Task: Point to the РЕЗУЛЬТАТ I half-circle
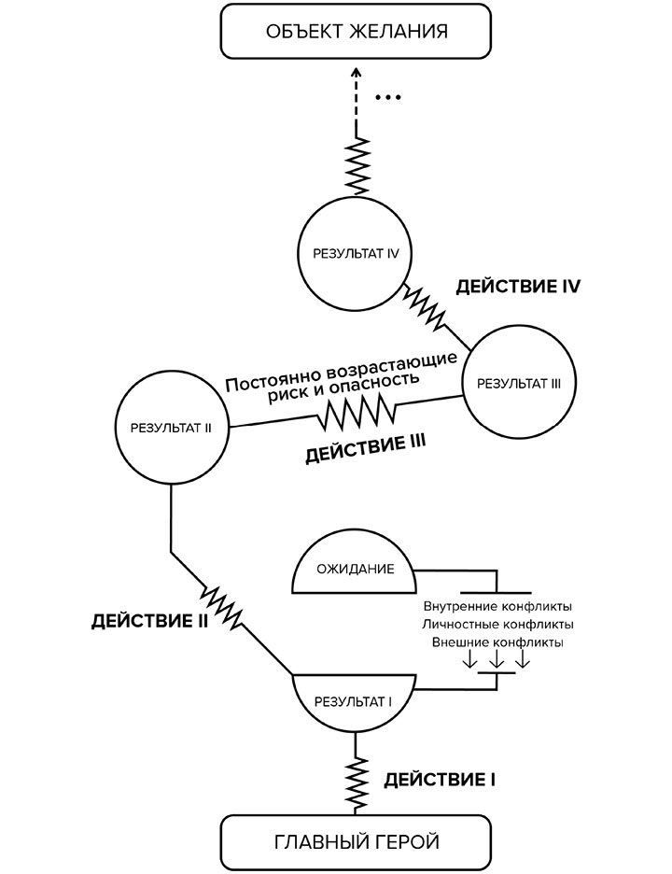[355, 698]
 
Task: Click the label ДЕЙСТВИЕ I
[440, 778]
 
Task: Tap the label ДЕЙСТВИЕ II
[149, 620]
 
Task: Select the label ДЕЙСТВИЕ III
[367, 455]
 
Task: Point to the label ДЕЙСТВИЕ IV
[519, 286]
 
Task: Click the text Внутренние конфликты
[498, 605]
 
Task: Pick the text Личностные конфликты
[498, 624]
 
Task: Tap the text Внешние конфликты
[498, 642]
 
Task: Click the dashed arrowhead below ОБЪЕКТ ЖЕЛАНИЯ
[356, 75]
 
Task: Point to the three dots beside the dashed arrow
[386, 97]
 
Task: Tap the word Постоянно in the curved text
[271, 380]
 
